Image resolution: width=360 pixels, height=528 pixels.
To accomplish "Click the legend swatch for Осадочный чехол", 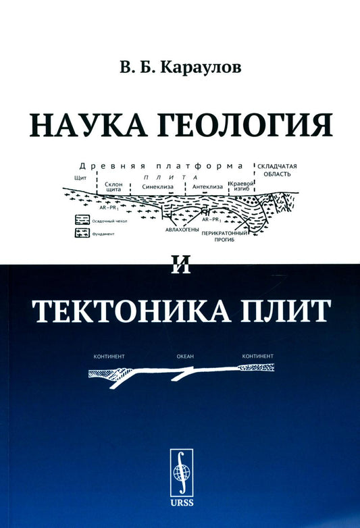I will pos(82,220).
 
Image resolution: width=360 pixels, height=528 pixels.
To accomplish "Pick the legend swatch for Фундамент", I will pos(82,234).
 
